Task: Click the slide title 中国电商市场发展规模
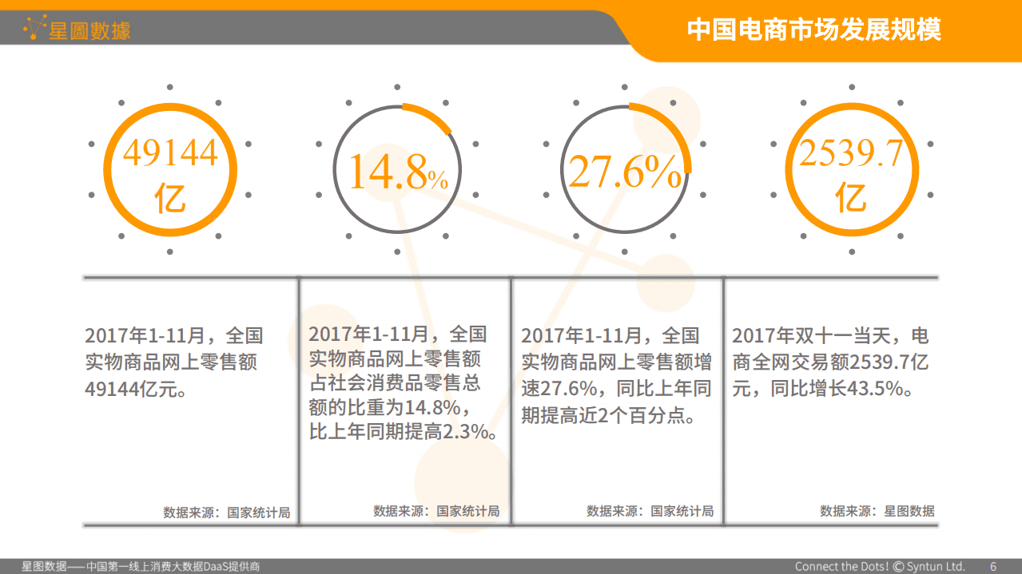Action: tap(814, 30)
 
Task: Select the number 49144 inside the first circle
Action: tap(170, 153)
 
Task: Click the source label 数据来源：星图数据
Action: tap(877, 511)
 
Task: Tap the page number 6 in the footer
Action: tap(993, 566)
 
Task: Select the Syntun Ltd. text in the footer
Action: tap(935, 566)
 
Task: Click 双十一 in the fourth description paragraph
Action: tap(809, 336)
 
